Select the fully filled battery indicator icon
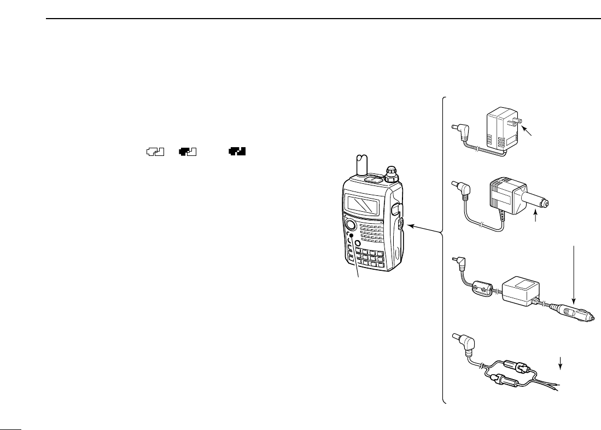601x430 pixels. tap(236, 153)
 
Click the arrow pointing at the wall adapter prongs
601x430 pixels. tap(528, 132)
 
